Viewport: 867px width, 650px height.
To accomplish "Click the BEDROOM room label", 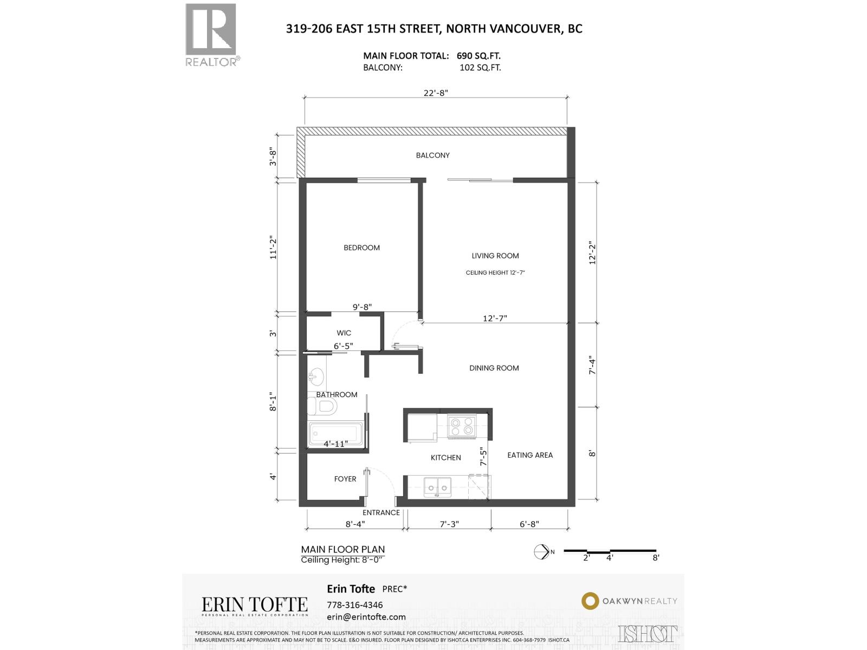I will coord(361,248).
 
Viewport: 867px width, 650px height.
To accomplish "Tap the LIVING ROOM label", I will coord(495,256).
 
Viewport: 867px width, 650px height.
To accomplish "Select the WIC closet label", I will coord(344,333).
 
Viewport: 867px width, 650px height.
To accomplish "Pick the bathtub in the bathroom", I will coord(335,434).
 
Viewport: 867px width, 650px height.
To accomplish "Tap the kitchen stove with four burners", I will coord(462,426).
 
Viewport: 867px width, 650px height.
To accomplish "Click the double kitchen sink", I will coord(437,487).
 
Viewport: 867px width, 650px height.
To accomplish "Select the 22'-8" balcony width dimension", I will coord(436,93).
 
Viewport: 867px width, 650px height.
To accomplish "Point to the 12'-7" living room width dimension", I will coord(495,318).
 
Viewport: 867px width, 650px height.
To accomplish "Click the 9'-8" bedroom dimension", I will coord(362,307).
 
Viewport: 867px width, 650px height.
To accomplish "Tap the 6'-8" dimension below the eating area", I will coord(529,524).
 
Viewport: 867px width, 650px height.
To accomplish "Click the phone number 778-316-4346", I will coord(354,605).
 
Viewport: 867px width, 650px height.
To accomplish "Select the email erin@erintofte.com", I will coord(366,617).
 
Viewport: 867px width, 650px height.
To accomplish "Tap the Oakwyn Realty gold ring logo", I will coord(590,601).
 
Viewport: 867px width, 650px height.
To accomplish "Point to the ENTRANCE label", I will coord(381,512).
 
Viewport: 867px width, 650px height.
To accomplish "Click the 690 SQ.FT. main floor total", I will coord(478,56).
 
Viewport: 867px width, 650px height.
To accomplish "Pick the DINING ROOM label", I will coord(494,368).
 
